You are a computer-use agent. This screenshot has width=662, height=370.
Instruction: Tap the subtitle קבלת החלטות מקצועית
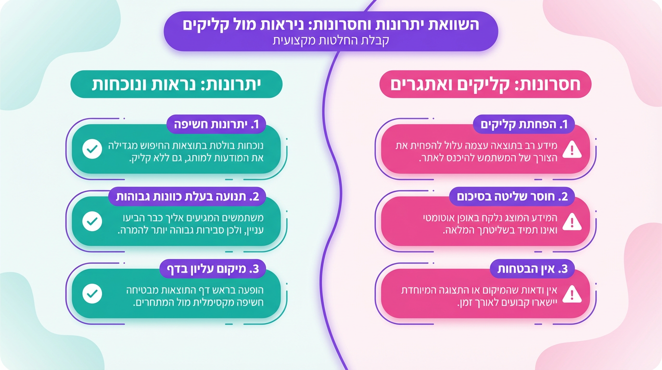[331, 40]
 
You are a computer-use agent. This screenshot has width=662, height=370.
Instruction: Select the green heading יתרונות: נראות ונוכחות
[176, 84]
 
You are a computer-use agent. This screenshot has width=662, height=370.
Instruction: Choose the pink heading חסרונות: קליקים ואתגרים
[485, 84]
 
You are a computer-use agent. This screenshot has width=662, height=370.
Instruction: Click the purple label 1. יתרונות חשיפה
[216, 125]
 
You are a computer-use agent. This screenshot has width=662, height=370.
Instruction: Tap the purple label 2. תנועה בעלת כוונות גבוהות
[187, 197]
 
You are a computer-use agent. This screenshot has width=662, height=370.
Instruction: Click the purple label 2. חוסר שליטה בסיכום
[512, 197]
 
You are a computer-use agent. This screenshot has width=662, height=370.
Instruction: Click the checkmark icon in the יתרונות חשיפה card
[91, 149]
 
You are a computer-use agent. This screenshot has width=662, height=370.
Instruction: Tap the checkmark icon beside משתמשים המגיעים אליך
[91, 222]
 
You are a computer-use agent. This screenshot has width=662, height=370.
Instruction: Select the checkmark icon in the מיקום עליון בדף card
[91, 294]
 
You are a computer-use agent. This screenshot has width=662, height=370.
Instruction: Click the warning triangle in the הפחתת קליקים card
[572, 150]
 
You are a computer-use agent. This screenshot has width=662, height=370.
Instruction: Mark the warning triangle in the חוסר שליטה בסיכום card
[572, 222]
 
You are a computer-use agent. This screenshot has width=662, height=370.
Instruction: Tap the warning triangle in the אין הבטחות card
[572, 294]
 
